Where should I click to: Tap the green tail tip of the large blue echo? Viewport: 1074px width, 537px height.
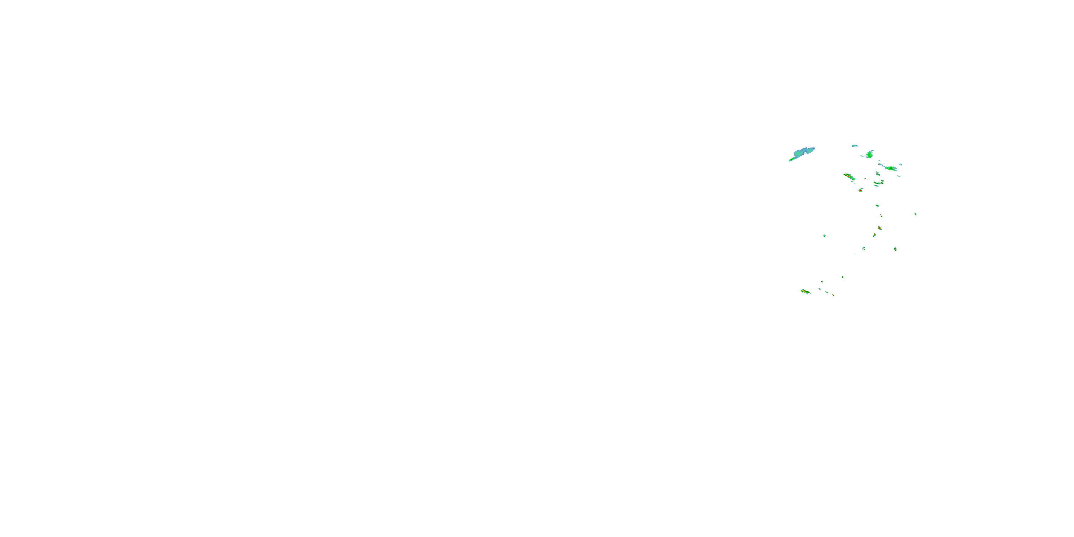(791, 160)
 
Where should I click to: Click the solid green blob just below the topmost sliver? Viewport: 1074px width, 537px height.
(869, 155)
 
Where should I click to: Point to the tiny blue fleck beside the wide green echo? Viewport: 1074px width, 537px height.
(900, 164)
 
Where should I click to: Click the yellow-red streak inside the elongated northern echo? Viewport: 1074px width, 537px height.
(849, 177)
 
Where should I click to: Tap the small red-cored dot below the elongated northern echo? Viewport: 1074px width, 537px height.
(861, 190)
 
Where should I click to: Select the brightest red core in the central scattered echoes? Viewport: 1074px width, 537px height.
(880, 228)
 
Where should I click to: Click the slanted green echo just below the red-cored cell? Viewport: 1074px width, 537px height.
(874, 236)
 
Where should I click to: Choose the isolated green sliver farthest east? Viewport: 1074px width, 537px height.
(915, 214)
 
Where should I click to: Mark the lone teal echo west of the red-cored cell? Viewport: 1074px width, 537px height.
(824, 236)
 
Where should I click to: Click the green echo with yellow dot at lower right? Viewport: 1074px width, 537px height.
(895, 249)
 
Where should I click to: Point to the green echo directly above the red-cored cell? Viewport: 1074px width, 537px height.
(881, 216)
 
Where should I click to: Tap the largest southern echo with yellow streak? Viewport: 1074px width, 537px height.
(805, 291)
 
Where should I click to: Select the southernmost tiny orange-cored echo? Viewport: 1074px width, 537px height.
(833, 295)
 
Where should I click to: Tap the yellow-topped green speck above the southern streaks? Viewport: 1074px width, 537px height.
(822, 281)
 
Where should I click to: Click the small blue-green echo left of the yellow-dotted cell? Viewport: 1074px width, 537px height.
(864, 248)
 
